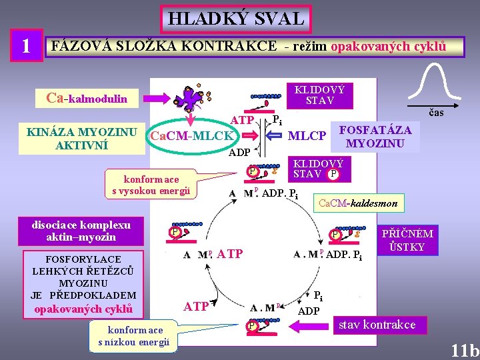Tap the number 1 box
click(x=25, y=45)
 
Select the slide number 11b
click(x=464, y=350)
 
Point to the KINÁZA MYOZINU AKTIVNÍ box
click(x=82, y=138)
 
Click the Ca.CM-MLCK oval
click(x=192, y=137)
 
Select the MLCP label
click(x=307, y=136)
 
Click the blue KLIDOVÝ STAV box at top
click(x=320, y=95)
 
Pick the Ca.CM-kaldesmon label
click(x=359, y=203)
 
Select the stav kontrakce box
click(x=377, y=325)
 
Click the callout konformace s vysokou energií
click(x=151, y=185)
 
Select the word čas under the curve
click(x=436, y=113)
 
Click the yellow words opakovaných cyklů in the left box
click(x=84, y=309)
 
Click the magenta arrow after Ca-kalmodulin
click(x=155, y=99)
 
